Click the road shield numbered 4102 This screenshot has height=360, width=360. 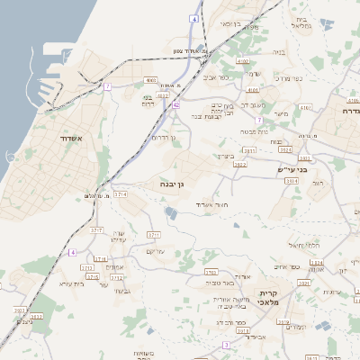point(243,60)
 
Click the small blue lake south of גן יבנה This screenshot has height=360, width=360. point(171,212)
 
